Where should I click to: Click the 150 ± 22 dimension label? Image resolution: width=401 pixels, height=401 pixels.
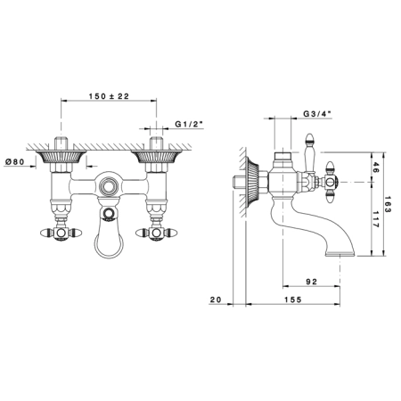(109, 96)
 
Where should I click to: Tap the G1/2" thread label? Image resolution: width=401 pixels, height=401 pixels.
(189, 124)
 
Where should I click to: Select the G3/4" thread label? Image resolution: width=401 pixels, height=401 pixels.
(317, 114)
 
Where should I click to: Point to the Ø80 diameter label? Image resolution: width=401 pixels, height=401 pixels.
(15, 161)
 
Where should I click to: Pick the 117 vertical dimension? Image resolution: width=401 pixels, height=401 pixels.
(375, 219)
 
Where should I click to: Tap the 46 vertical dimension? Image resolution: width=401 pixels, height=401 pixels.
(375, 168)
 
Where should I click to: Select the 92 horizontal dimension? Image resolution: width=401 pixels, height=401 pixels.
(311, 282)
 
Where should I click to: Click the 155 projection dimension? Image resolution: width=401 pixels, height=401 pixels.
(292, 299)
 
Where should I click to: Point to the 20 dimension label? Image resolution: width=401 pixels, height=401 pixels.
(216, 299)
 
